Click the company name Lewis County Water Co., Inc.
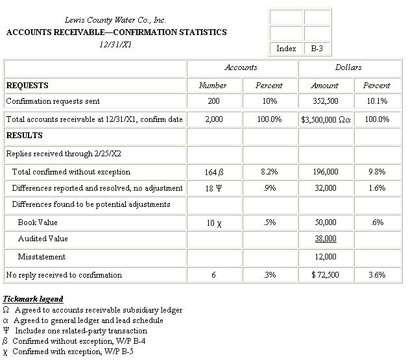click(x=115, y=20)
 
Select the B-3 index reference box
click(x=317, y=48)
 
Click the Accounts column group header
click(x=241, y=67)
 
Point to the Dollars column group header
click(x=348, y=67)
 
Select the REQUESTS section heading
click(x=27, y=85)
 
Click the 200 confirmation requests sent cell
click(x=213, y=101)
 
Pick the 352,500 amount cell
click(x=325, y=101)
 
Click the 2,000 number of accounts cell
click(x=213, y=119)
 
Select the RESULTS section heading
click(x=25, y=136)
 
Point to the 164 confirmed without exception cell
click(x=214, y=173)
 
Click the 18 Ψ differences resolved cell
click(x=214, y=188)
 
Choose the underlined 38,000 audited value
click(x=325, y=239)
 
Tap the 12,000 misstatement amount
click(x=325, y=257)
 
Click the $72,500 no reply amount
click(x=325, y=275)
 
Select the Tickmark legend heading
click(x=33, y=299)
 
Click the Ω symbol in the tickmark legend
click(x=6, y=310)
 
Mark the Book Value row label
click(x=38, y=222)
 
